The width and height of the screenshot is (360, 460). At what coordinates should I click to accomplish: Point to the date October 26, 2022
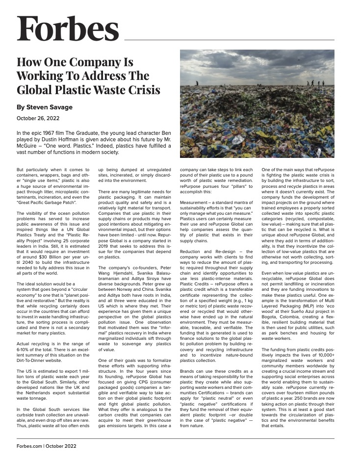38,118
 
